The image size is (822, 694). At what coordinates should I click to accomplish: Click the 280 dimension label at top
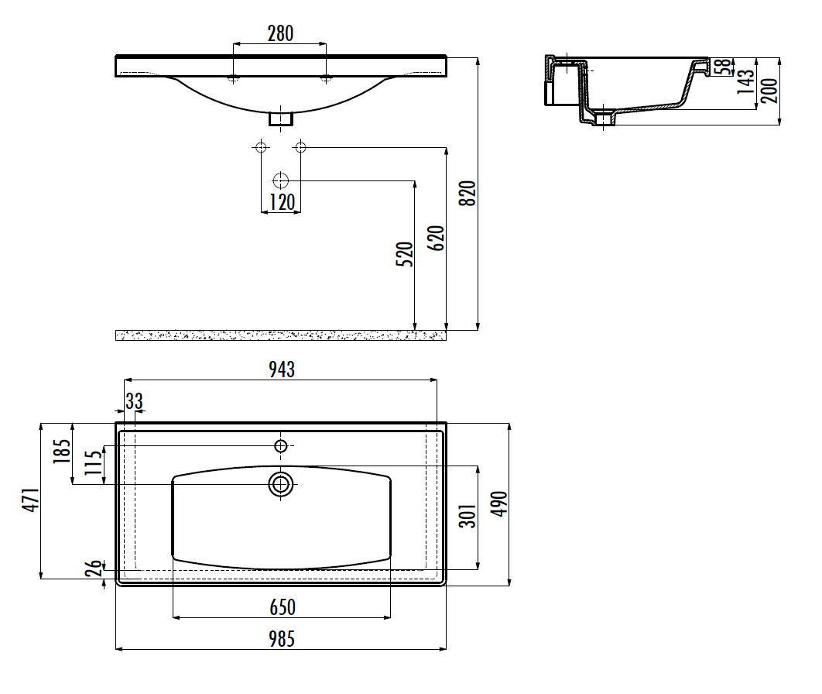pos(280,33)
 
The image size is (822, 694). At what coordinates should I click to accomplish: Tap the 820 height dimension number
pos(467,193)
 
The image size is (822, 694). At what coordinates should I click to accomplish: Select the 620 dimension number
pos(436,238)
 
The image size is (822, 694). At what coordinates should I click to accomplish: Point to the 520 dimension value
pos(404,254)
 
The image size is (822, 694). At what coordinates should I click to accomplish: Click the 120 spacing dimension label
pos(282,202)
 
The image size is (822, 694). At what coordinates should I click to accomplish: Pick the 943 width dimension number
pos(282,369)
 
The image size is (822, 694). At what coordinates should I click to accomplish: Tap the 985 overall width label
pos(282,639)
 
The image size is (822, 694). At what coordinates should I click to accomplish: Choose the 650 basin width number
pos(283,607)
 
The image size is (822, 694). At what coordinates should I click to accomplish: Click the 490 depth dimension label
pos(499,503)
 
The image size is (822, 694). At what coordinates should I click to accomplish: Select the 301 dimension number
pos(468,516)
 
